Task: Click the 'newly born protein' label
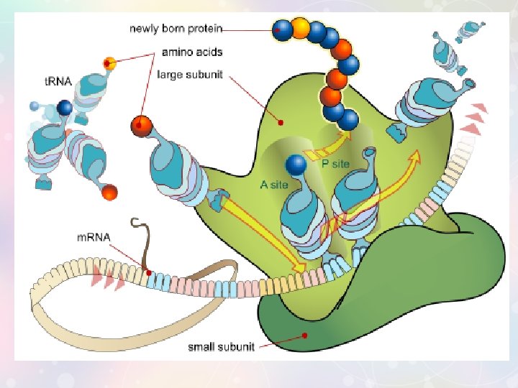pyautogui.click(x=176, y=29)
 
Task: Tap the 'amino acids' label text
pyautogui.click(x=191, y=52)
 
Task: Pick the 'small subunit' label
pyautogui.click(x=221, y=347)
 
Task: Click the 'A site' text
pyautogui.click(x=274, y=184)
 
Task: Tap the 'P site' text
pyautogui.click(x=335, y=164)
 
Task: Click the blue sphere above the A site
pyautogui.click(x=296, y=165)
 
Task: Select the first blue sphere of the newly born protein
pyautogui.click(x=283, y=30)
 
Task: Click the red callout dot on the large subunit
pyautogui.click(x=281, y=122)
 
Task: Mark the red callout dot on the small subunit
pyautogui.click(x=305, y=334)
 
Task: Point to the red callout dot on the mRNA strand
pyautogui.click(x=148, y=272)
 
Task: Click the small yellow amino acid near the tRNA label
pyautogui.click(x=109, y=63)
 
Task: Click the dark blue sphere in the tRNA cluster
pyautogui.click(x=65, y=108)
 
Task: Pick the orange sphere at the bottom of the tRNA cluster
pyautogui.click(x=109, y=192)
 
